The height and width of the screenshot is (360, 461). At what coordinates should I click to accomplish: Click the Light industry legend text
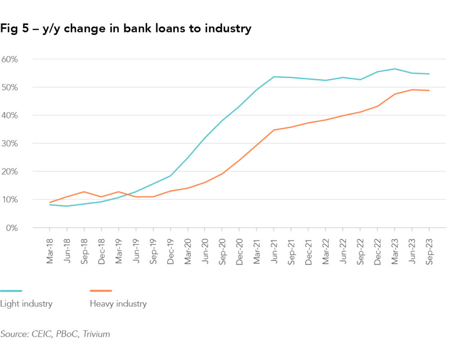(x=26, y=304)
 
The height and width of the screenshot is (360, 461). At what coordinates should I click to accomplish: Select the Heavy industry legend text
(x=118, y=304)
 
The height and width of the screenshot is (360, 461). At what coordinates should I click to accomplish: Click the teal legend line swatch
(x=11, y=291)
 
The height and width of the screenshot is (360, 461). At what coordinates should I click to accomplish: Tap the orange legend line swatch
(x=101, y=291)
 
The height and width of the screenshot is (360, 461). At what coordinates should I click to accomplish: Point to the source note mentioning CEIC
(x=55, y=334)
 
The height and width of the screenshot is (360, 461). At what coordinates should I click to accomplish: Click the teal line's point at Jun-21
(x=274, y=76)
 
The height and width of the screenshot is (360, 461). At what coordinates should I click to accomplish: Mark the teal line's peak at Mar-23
(x=394, y=69)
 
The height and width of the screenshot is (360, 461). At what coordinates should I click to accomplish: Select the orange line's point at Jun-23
(x=411, y=90)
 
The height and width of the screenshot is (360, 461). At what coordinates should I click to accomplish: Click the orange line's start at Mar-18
(x=50, y=202)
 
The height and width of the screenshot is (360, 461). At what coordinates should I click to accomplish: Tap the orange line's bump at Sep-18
(x=84, y=192)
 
